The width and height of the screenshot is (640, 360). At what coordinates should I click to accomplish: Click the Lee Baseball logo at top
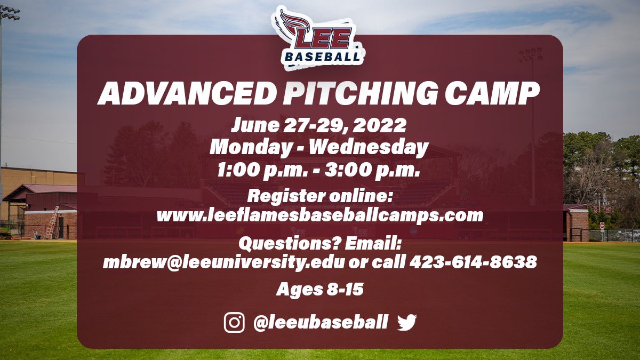point(319,37)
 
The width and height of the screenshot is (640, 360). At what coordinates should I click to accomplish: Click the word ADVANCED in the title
point(183,94)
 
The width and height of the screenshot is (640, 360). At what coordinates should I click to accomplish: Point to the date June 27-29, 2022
point(319,126)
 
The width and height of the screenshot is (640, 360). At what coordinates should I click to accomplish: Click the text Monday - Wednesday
point(319,148)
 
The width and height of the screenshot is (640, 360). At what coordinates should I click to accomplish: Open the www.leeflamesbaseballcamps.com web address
point(319,215)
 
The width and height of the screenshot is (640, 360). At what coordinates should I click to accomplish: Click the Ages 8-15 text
point(319,290)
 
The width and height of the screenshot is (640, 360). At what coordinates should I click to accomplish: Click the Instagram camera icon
point(234,323)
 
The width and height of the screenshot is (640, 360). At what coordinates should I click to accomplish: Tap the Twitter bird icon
point(406,323)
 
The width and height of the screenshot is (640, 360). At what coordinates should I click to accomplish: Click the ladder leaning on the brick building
point(52,223)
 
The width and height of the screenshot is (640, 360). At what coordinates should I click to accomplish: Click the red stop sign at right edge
point(602,226)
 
